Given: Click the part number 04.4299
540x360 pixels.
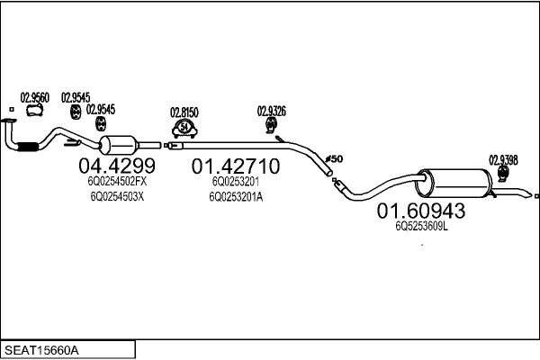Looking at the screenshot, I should click(117, 166).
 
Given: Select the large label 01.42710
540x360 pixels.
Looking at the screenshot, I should click(235, 166).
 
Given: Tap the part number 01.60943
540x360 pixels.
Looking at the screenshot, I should click(420, 211).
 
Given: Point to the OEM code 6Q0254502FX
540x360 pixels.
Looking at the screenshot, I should click(116, 182).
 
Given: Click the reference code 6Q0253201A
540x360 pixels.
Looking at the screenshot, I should click(237, 196).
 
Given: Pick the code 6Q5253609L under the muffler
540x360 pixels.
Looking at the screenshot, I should click(421, 227).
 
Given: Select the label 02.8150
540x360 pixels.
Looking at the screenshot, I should click(184, 112).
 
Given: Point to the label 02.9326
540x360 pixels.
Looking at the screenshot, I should click(272, 112).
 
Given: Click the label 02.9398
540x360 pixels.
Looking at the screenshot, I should click(503, 159).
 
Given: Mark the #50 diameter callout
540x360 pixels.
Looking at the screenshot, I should click(333, 159).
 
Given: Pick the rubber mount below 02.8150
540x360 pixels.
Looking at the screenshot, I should click(184, 129).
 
